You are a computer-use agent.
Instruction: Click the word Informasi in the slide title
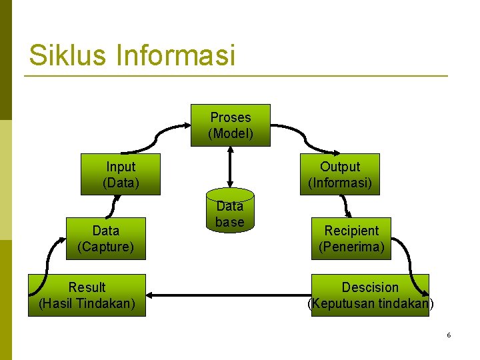click(176, 55)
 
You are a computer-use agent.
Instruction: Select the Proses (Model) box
click(230, 125)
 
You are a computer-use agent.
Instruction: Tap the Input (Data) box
click(121, 175)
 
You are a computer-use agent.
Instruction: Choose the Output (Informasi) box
click(339, 175)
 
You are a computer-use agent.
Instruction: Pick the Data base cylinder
click(230, 212)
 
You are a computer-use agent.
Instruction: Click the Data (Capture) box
click(105, 239)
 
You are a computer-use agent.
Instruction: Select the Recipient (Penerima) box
click(351, 239)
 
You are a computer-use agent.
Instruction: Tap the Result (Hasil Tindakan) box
click(87, 295)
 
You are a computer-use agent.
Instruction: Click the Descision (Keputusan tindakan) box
click(370, 295)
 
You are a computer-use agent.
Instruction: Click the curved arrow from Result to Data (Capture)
click(48, 257)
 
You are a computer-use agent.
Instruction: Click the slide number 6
click(449, 335)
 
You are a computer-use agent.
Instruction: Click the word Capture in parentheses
click(105, 247)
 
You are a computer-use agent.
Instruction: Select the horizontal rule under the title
click(236, 76)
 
